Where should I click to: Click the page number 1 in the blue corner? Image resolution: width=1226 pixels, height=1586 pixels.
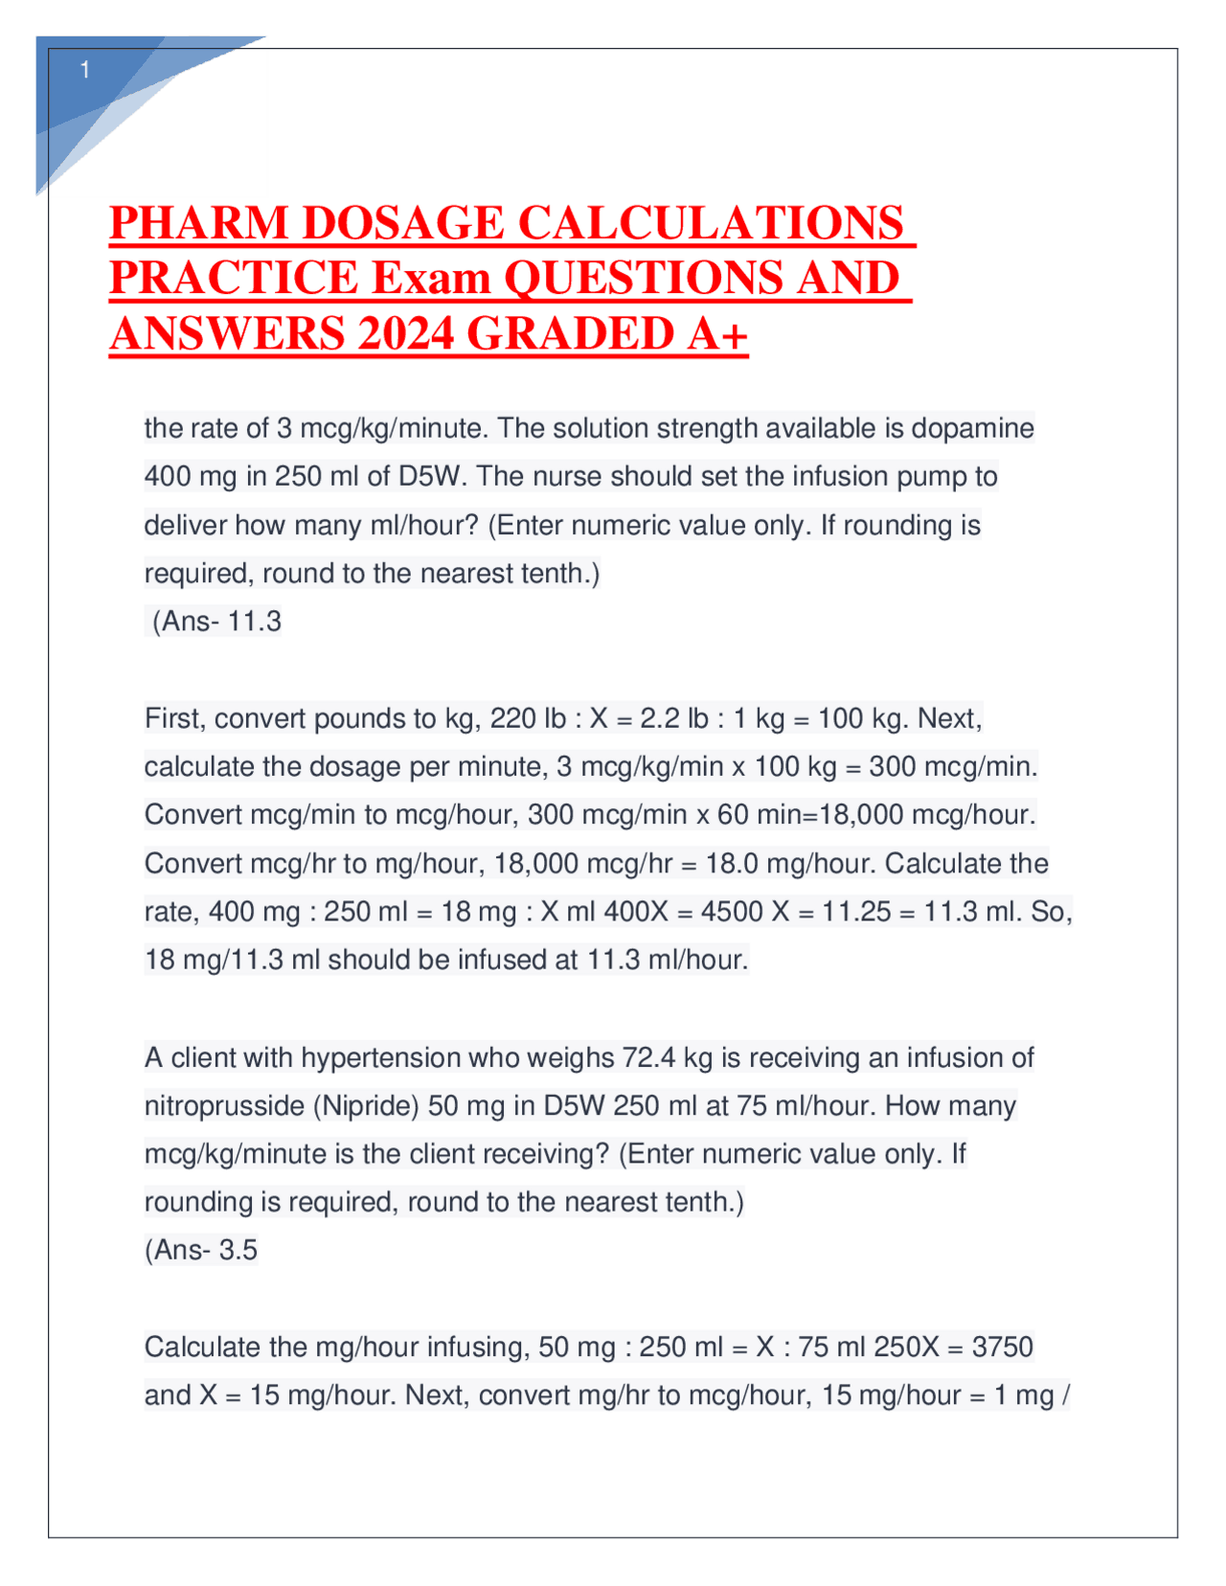[85, 70]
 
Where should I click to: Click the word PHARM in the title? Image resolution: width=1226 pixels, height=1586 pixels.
[198, 223]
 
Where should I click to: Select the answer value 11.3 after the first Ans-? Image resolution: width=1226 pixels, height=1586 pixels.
[255, 622]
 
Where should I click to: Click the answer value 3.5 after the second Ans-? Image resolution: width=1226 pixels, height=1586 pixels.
[238, 1250]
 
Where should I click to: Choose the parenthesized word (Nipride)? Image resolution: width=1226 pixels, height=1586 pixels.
[366, 1106]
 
